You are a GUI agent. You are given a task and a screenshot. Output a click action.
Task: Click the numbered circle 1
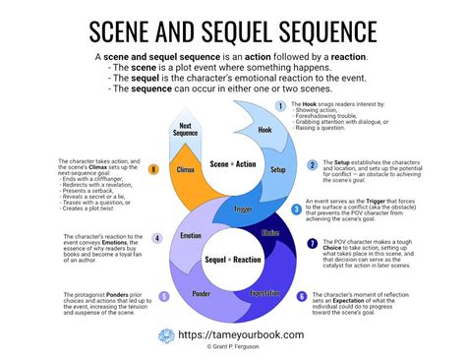coord(280,105)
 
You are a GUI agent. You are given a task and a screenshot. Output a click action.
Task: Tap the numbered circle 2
coord(313,165)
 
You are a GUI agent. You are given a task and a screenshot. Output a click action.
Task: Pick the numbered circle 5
coord(164,296)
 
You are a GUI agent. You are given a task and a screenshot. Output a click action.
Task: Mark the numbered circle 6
coord(302,295)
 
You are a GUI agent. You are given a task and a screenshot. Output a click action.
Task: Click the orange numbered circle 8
coord(154,169)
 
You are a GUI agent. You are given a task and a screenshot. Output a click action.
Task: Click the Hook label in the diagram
coord(263,129)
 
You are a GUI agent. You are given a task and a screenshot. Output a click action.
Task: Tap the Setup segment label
coord(277,169)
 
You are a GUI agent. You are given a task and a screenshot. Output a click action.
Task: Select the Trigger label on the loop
coord(243,209)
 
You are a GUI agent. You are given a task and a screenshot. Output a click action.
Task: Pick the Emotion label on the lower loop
coord(191,236)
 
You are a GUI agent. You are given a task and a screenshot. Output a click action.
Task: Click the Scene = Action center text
coord(232,168)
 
